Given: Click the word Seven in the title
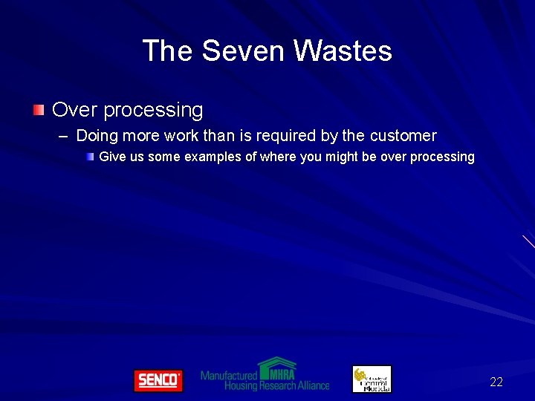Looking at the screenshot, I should (244, 51).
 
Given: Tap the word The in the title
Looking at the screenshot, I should (168, 51).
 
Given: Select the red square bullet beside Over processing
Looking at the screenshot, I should (38, 111).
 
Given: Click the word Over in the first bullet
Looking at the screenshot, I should (74, 111).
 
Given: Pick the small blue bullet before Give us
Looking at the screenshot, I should (89, 157).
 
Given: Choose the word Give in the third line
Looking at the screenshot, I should (111, 157).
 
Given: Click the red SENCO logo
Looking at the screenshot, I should (158, 380).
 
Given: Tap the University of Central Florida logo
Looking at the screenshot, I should (371, 379).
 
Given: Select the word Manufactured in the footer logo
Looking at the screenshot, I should (228, 376).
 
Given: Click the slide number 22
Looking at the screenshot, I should (496, 382).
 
